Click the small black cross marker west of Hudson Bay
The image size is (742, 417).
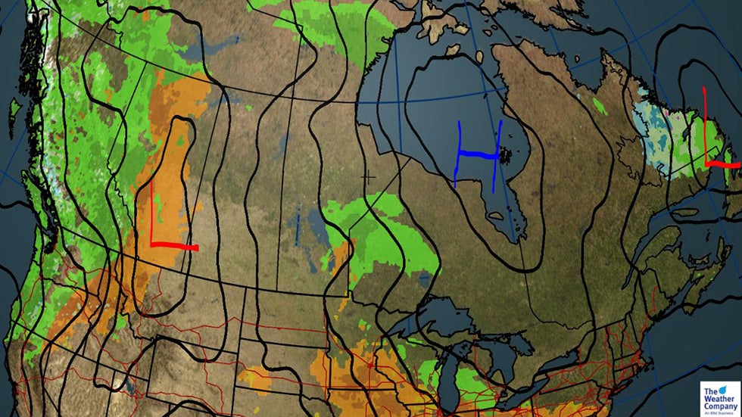[x=369, y=177]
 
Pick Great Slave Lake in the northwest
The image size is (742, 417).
[x=201, y=53]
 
